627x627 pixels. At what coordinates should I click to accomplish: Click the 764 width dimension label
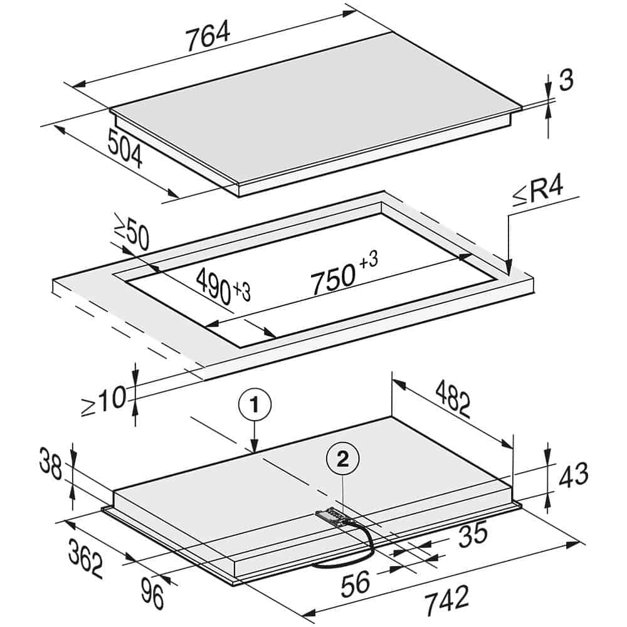pos(208,36)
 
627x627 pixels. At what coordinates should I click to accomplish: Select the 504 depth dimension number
pos(125,149)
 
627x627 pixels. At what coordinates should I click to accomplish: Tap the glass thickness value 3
pos(566,80)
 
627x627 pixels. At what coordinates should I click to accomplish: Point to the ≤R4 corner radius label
pos(538,192)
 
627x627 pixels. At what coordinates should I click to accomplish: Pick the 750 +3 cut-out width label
pos(344,273)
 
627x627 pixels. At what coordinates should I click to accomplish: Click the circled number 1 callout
pos(255,406)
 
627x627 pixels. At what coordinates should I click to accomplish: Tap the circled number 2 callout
pos(343,461)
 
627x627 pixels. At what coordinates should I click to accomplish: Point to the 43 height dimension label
pos(573,475)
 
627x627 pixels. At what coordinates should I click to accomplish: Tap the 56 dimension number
pos(356,582)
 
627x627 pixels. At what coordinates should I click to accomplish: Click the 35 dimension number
pos(473,534)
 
